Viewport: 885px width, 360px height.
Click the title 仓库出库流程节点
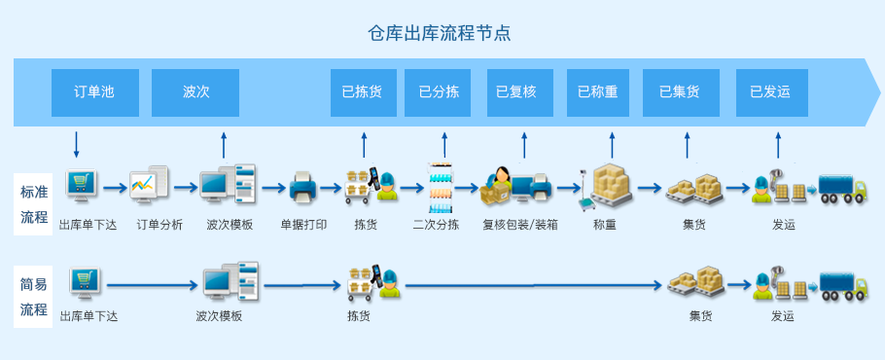tap(440, 33)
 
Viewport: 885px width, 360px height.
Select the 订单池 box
tap(95, 92)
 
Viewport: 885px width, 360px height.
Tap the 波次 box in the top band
tap(195, 92)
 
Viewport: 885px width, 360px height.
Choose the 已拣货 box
tap(364, 92)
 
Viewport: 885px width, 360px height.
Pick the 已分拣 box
tap(438, 92)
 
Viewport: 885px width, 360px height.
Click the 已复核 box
tap(520, 92)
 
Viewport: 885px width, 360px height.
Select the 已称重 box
tap(598, 92)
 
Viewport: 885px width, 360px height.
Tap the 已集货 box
tap(681, 92)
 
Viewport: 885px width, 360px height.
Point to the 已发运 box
tap(771, 92)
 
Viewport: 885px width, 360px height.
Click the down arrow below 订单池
tap(77, 145)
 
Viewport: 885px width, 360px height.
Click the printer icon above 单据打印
tap(303, 188)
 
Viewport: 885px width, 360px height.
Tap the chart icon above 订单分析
tap(149, 183)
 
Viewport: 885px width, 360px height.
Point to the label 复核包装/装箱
tap(520, 225)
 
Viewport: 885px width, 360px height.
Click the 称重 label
tap(605, 225)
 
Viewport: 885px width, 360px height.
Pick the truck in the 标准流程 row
tap(842, 189)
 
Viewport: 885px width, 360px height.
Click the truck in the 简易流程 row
tap(843, 286)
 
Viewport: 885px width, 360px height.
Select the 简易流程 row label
tap(34, 296)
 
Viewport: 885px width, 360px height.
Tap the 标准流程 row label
tap(34, 203)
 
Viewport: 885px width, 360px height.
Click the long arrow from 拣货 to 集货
tap(533, 286)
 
